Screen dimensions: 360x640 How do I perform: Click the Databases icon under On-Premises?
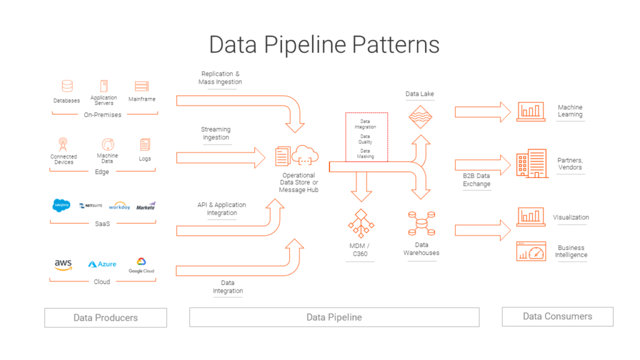point(66,86)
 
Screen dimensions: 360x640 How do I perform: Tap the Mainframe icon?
point(142,86)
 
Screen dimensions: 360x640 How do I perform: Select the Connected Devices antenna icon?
point(63,144)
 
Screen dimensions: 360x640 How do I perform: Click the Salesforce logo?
point(62,205)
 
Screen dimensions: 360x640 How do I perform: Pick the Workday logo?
point(119,206)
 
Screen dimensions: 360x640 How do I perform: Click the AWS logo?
point(63,264)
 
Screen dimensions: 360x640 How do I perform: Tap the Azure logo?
point(102,264)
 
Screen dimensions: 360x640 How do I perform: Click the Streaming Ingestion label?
point(216,133)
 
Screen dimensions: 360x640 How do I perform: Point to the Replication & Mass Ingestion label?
point(220,78)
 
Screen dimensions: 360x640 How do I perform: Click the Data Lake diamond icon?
point(420,117)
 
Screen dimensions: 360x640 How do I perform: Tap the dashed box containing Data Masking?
point(367,137)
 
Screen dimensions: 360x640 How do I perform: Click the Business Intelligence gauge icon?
point(531,251)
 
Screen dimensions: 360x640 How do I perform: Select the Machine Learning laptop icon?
point(531,111)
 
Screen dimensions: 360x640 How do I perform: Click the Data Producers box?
point(105,317)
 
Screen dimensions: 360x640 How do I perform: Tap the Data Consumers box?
point(557,316)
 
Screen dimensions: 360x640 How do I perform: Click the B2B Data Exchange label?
point(476,180)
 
